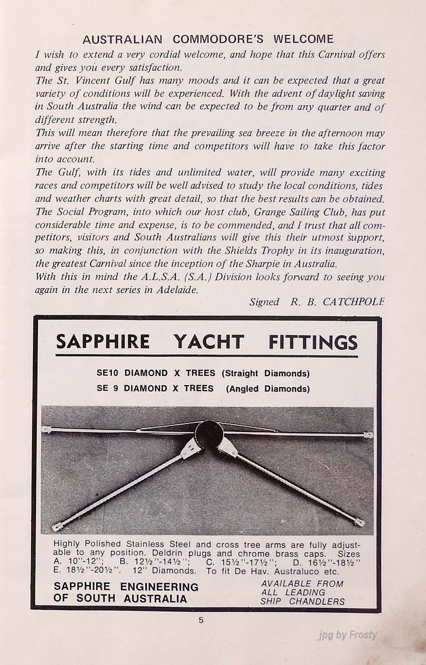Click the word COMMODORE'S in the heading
218,39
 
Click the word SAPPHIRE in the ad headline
103,342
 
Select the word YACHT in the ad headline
209,342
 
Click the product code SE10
108,373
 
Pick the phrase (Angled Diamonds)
268,389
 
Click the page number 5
201,621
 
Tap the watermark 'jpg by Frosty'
348,635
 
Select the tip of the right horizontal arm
367,435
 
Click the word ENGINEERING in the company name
159,587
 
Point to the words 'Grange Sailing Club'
300,212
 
